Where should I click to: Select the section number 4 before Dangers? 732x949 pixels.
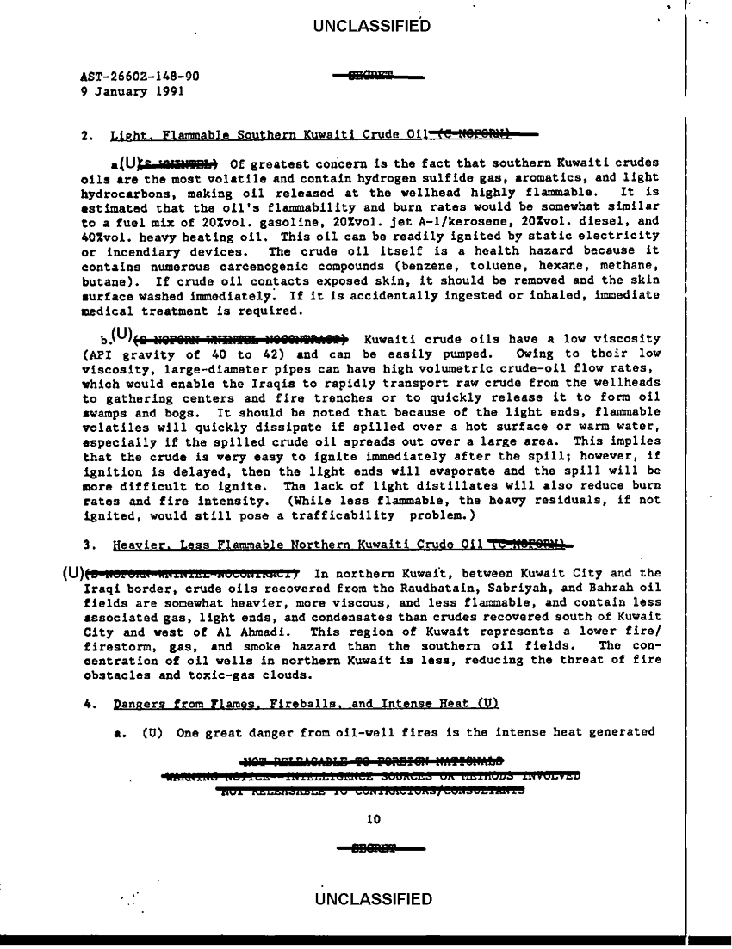tap(90, 704)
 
